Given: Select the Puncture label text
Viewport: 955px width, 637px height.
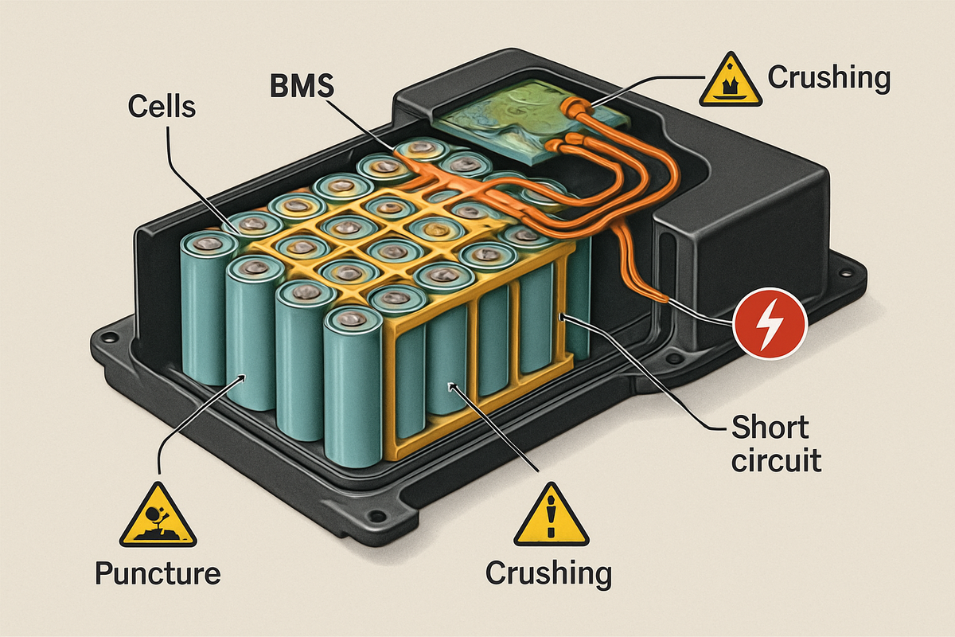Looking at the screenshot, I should tap(158, 573).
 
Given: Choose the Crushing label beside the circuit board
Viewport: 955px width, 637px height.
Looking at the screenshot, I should tap(828, 78).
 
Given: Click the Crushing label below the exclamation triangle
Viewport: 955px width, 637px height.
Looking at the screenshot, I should tap(549, 573).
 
